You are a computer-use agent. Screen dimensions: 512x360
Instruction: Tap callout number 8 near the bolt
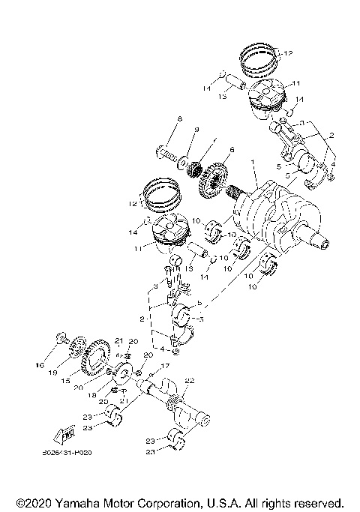coord(179,120)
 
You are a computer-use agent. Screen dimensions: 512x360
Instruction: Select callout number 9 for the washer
coord(196,130)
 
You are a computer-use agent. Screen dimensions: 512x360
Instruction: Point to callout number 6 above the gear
coord(232,150)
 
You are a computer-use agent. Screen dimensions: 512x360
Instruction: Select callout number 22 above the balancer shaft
coord(190,381)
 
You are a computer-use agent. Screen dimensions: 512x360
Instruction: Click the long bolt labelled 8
coord(171,155)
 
